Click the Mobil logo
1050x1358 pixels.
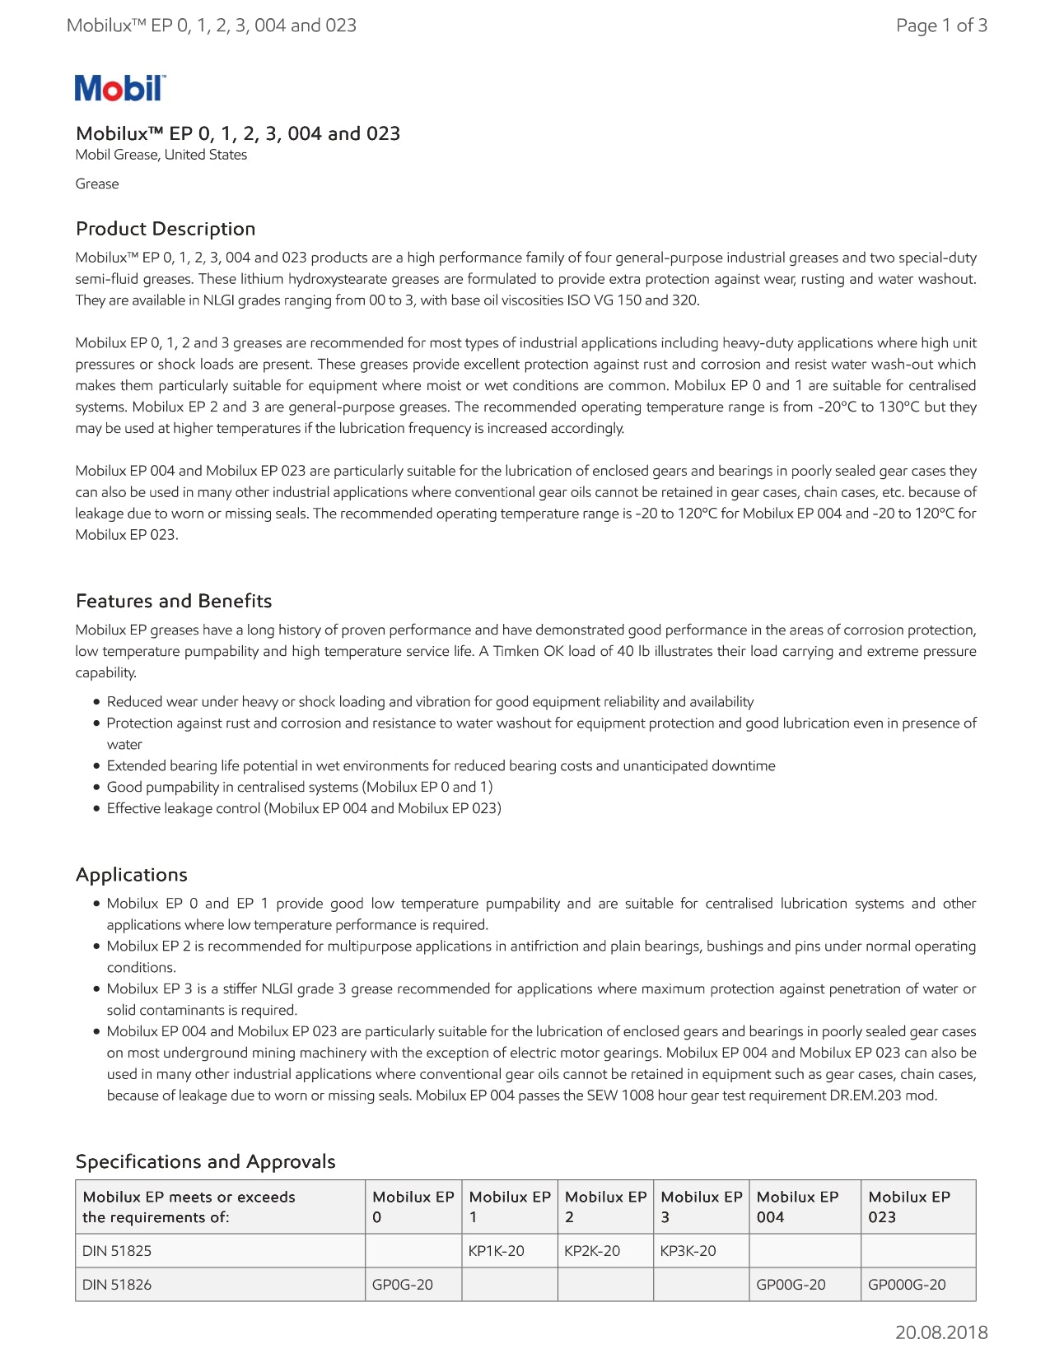(x=120, y=88)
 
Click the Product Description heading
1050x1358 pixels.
(x=166, y=229)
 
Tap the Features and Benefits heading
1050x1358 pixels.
(x=174, y=601)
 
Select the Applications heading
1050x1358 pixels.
(x=132, y=875)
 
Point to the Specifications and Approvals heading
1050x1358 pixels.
(x=206, y=1161)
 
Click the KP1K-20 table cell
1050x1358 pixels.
(x=497, y=1251)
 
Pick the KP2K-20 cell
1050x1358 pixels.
(x=592, y=1251)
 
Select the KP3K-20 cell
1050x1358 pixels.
(x=688, y=1251)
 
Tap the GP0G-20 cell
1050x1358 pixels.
(x=403, y=1285)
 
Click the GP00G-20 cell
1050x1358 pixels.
(x=791, y=1285)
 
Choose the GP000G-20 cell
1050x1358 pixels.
(x=908, y=1285)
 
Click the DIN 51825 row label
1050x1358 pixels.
(x=117, y=1251)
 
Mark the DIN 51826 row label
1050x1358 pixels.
(x=117, y=1285)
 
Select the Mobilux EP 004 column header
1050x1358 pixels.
(x=797, y=1207)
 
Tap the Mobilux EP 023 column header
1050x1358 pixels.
(x=909, y=1207)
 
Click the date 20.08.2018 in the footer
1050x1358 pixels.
(x=941, y=1332)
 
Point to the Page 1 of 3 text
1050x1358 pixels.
(x=941, y=26)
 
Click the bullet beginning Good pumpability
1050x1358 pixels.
(x=300, y=788)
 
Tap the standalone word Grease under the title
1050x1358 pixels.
(x=97, y=184)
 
